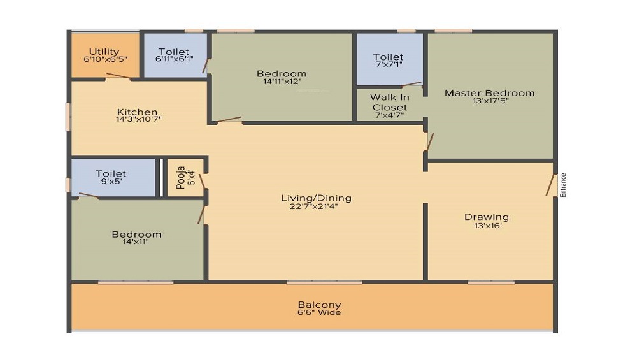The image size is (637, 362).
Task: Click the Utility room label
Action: coord(104,52)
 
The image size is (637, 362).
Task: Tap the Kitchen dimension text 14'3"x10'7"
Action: coord(138,119)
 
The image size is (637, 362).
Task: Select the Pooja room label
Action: coord(181,178)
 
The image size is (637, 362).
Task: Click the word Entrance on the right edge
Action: coord(563,185)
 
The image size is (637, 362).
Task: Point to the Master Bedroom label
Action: coord(489,93)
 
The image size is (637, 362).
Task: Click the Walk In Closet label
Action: coord(390,103)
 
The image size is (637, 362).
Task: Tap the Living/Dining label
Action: coord(316,198)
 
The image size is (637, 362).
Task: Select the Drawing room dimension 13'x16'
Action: coord(487,226)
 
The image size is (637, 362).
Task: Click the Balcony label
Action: coord(319,305)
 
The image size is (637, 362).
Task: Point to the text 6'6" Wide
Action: coord(319,312)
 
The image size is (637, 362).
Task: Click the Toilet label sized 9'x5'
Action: coord(111,174)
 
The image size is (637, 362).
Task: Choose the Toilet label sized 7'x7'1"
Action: coord(389,57)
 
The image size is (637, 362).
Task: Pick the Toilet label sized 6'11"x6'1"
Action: coord(174,52)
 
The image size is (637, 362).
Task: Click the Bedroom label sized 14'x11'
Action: coord(136,235)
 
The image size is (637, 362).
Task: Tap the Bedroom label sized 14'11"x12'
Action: coord(282,74)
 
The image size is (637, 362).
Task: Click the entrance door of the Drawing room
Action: coord(550,185)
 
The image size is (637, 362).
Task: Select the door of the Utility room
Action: coord(118,76)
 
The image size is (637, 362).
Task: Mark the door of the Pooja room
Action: coord(203,182)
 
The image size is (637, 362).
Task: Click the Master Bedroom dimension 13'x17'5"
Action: coord(490,101)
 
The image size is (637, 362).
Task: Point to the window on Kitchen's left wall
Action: coord(68,117)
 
